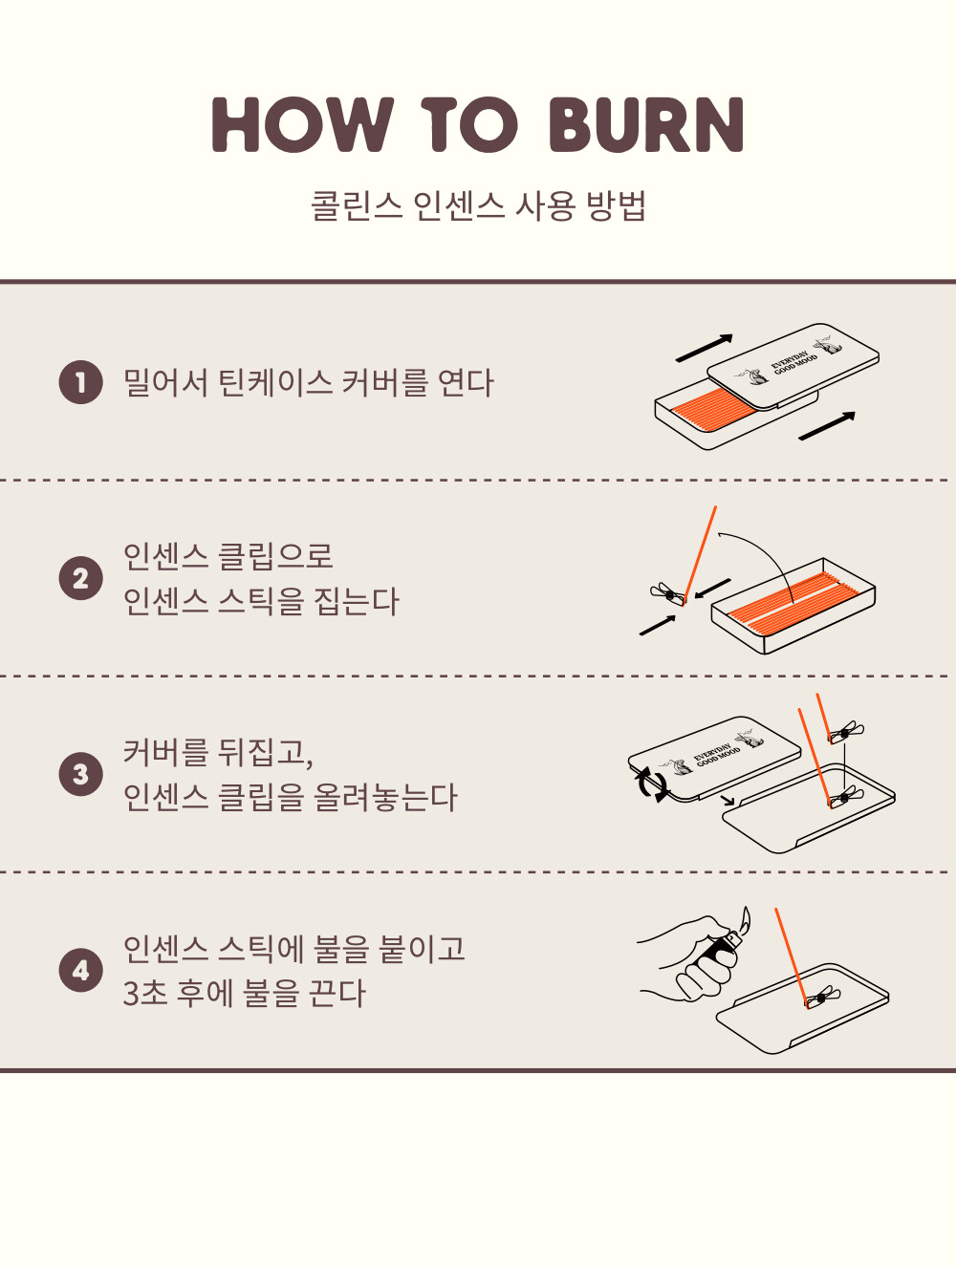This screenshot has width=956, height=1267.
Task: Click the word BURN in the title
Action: click(645, 124)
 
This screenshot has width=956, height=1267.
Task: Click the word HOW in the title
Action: click(302, 124)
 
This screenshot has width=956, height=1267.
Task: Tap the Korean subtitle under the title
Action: click(478, 205)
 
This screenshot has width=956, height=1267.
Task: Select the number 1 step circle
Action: click(81, 382)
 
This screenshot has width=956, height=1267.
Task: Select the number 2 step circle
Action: click(81, 578)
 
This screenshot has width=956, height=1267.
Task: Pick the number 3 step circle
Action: click(81, 774)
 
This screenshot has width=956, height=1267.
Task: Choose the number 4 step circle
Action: click(81, 970)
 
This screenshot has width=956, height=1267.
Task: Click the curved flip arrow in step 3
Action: click(651, 784)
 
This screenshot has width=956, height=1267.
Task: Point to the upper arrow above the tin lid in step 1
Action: click(704, 348)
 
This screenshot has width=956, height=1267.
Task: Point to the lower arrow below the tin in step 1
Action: click(827, 426)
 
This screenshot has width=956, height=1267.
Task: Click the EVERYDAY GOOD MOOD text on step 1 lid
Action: click(794, 362)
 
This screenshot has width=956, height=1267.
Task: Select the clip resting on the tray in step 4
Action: click(823, 997)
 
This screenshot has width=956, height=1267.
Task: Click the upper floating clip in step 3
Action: click(846, 732)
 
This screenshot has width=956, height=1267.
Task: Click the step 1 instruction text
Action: click(308, 382)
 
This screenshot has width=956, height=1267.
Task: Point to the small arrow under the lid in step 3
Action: click(729, 800)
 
